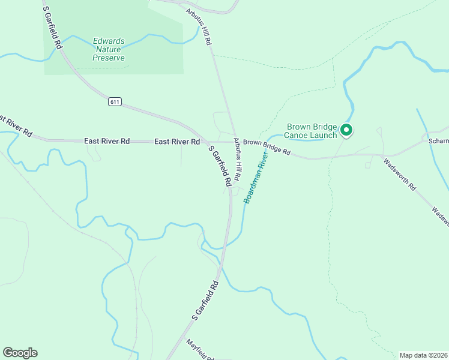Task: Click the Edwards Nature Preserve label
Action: coord(109,50)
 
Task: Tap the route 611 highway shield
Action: coord(115,102)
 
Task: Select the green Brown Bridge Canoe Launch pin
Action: coord(346,129)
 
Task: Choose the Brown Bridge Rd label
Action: coord(267,148)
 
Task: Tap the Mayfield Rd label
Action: coord(200,350)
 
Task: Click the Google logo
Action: coord(20,353)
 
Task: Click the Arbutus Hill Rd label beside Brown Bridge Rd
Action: coord(238,160)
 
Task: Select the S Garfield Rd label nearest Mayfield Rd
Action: coord(205,299)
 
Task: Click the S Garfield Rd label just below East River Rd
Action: coord(220,166)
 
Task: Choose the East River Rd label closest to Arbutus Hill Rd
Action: coord(177,142)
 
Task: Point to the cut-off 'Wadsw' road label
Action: coord(440,217)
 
